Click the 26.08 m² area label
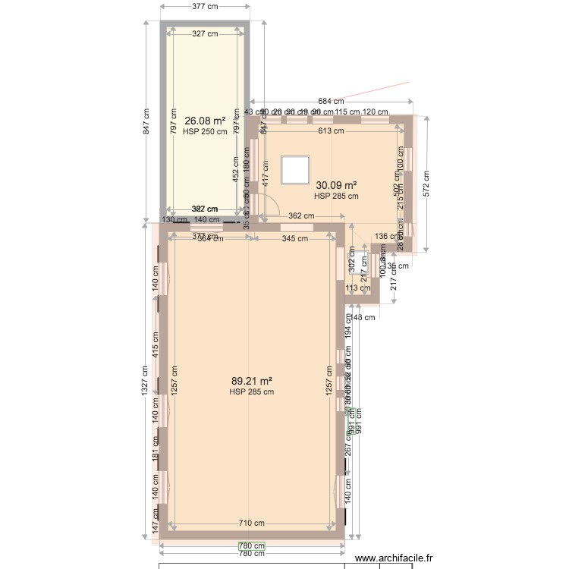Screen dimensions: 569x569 (205, 121)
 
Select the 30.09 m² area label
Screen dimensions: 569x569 (336, 185)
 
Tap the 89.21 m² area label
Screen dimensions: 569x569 (251, 382)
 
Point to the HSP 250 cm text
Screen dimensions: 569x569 (205, 131)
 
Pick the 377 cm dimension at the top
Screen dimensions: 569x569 (205, 7)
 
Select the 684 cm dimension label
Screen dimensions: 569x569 (330, 101)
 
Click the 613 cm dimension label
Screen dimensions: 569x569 (330, 130)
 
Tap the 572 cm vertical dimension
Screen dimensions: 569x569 (426, 184)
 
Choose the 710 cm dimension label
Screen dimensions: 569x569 (252, 523)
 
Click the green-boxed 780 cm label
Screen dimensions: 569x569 (252, 545)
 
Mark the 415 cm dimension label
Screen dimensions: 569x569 (156, 345)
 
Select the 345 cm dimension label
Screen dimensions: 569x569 (294, 239)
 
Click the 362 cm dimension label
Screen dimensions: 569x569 (301, 216)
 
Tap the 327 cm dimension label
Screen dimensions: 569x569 (205, 33)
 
